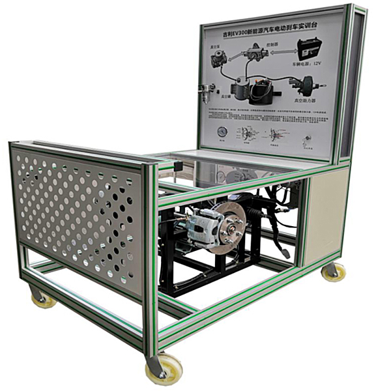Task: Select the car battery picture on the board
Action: click(x=309, y=50)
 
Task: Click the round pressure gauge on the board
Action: click(x=223, y=132)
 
